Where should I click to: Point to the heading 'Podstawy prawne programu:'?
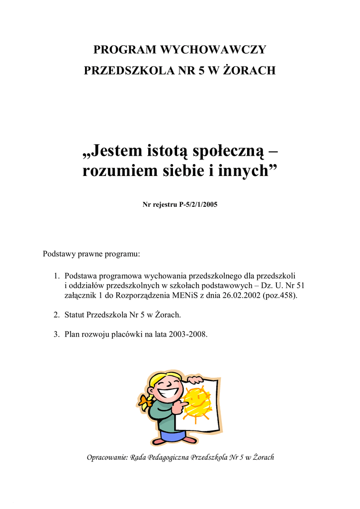(x=92, y=254)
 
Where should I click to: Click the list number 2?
(x=56, y=315)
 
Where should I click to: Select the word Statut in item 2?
(x=75, y=315)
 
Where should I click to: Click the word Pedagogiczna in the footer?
(x=168, y=457)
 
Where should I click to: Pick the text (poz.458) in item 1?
(x=282, y=295)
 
